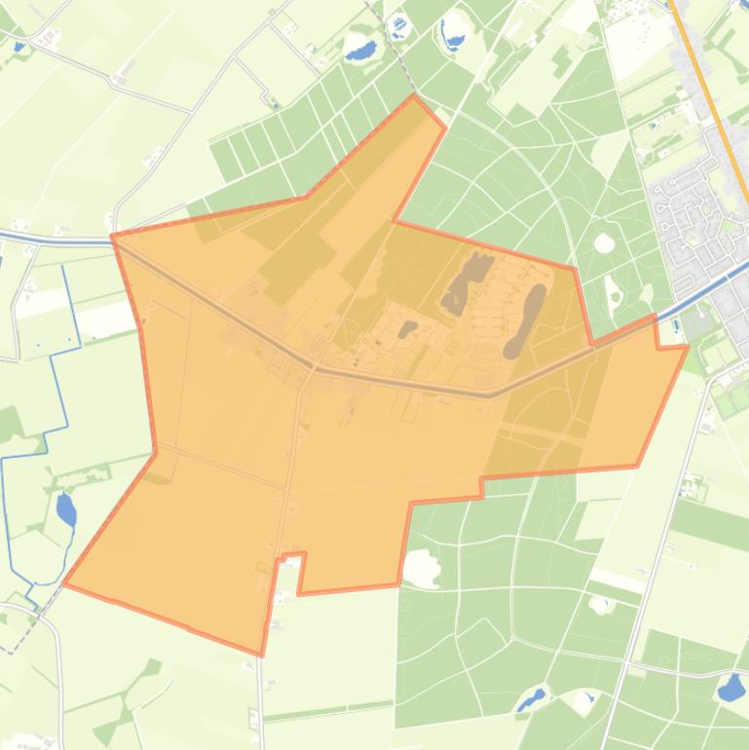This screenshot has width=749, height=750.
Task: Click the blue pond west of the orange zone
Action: [x=65, y=508]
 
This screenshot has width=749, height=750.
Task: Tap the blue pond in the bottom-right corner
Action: [x=730, y=688]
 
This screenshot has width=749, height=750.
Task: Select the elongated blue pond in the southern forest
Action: [x=531, y=699]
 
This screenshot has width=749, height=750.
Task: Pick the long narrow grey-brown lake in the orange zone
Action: [x=525, y=322]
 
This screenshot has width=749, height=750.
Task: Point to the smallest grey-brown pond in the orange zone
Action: [x=407, y=329]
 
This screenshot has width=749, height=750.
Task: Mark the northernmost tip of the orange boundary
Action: [x=414, y=95]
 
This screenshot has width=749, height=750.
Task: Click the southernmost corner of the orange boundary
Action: [x=261, y=655]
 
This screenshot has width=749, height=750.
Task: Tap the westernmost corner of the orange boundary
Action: [x=64, y=583]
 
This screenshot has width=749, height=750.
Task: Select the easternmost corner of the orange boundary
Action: [x=688, y=346]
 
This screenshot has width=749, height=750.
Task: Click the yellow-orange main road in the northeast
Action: [x=711, y=107]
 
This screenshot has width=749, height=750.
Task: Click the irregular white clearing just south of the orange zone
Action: [x=422, y=568]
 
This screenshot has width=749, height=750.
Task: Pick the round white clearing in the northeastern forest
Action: [x=604, y=243]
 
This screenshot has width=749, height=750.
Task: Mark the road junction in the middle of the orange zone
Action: [x=313, y=368]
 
